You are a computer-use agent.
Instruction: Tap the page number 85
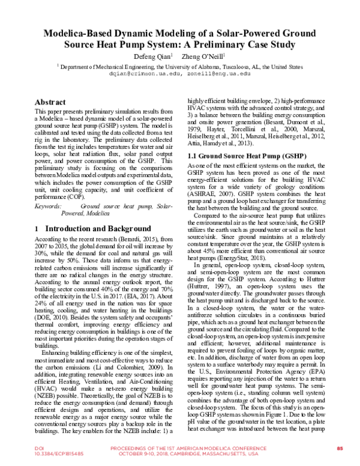[340, 449]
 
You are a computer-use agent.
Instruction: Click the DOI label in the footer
[22, 449]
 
